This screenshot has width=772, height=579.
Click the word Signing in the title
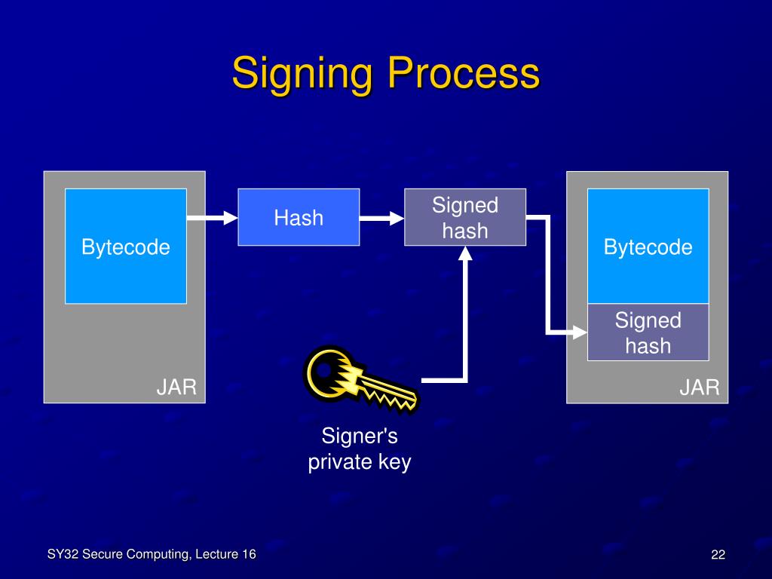(303, 75)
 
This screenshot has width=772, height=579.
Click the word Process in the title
(464, 75)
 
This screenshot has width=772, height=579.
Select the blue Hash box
(299, 217)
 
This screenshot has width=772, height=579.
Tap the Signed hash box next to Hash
(465, 217)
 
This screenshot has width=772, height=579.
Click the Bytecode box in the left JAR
(126, 247)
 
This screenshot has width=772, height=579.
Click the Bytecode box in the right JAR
(648, 247)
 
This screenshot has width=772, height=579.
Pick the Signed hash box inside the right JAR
(648, 332)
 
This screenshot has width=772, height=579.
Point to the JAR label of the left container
(176, 388)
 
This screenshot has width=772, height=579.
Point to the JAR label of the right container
(699, 388)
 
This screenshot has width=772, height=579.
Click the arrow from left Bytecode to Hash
(212, 219)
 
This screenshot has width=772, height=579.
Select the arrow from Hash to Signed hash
(381, 219)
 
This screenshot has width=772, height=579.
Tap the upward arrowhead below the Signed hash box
(466, 254)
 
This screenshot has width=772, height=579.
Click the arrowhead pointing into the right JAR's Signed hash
(578, 332)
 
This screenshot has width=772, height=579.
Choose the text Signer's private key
(360, 449)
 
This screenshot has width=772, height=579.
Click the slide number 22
(718, 556)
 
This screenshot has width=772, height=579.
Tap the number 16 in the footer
(248, 555)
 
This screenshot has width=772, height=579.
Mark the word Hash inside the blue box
(299, 218)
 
